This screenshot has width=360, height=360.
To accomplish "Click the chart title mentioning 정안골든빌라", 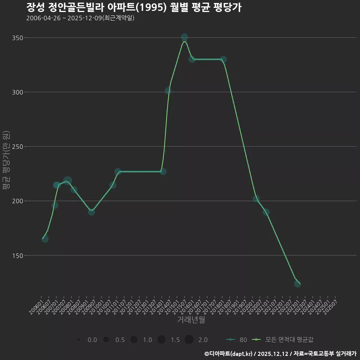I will (133, 7).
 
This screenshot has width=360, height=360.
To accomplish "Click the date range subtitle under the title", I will (80, 18).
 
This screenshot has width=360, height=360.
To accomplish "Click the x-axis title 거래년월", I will (191, 320).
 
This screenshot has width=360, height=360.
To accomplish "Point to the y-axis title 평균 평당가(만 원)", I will (6, 160).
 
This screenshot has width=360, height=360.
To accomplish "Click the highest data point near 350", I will (184, 37).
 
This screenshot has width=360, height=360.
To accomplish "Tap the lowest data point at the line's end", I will (297, 284).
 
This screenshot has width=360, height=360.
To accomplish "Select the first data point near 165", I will (45, 239).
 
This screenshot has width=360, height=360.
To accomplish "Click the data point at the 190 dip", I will (91, 212).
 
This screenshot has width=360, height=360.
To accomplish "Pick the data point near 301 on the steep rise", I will (168, 91).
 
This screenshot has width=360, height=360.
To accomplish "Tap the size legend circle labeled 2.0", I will (189, 340).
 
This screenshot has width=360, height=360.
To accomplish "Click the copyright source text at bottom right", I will (280, 353).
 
